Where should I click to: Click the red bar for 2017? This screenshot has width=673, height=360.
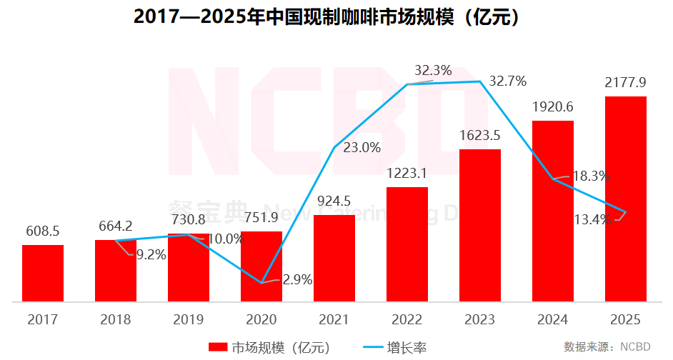click(43, 273)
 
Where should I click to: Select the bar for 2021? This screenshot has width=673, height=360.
click(334, 258)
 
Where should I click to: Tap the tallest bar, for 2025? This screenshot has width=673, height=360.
click(626, 199)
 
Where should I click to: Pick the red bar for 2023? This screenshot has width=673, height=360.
click(480, 225)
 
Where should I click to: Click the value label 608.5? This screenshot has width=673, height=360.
click(42, 232)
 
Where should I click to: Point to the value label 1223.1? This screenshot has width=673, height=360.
click(407, 173)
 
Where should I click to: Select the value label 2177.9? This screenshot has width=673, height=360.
click(625, 83)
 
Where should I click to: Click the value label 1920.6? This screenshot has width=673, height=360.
click(553, 107)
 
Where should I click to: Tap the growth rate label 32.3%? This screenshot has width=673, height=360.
click(433, 71)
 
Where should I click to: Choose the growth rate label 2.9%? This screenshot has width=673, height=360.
click(298, 280)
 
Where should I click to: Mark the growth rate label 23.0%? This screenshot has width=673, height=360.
click(362, 149)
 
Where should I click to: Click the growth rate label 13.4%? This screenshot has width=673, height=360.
click(592, 219)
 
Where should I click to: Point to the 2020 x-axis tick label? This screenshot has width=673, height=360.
click(261, 319)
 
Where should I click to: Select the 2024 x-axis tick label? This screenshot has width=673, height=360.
click(553, 319)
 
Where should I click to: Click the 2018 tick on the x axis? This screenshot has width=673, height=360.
click(116, 319)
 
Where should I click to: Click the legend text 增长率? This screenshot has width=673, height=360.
click(407, 348)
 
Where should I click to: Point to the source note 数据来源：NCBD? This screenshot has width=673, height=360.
click(607, 347)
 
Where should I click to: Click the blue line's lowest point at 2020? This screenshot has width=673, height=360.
click(261, 282)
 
